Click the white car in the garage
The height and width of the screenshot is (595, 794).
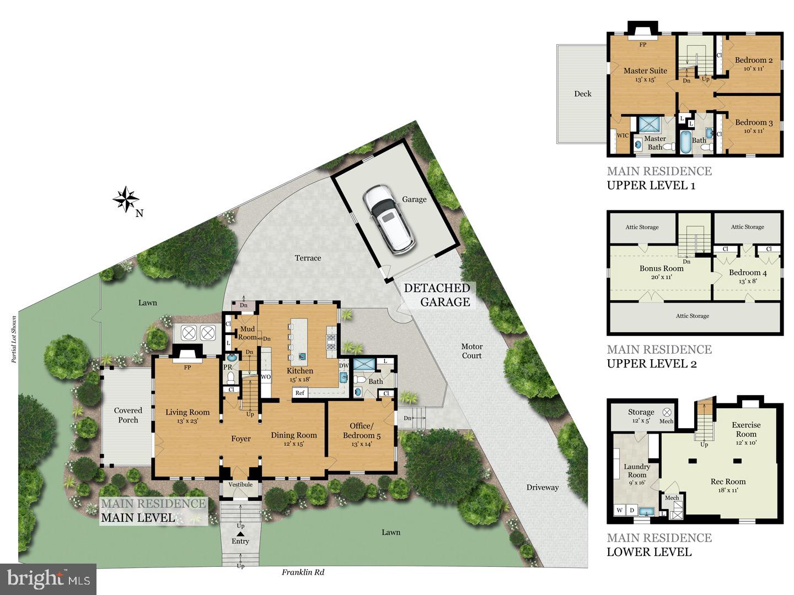tap(389, 219)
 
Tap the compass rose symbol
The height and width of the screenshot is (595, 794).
tap(126, 199)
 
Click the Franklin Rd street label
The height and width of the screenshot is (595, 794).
tap(303, 572)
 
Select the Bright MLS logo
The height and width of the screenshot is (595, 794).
tap(49, 579)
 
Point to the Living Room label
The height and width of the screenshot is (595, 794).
tap(187, 412)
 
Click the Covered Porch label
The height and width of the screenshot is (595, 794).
tap(128, 415)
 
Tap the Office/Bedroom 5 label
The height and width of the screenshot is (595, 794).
tap(361, 430)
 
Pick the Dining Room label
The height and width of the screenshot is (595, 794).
tap(293, 435)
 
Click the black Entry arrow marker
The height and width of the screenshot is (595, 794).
tap(240, 533)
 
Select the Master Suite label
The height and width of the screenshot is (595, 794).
tap(645, 71)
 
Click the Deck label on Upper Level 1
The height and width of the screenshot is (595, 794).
tap(582, 94)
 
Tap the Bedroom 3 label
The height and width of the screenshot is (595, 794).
tap(753, 122)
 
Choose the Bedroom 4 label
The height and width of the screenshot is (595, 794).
tap(747, 272)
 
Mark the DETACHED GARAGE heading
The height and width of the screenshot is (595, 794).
tap(437, 295)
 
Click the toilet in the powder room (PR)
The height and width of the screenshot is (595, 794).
tap(232, 377)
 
